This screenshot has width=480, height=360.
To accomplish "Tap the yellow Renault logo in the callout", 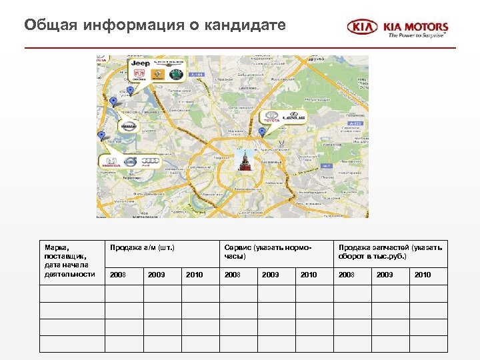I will (158, 75).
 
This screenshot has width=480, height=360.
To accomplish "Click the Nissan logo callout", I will (129, 126).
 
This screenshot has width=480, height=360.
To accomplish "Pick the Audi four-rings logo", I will (152, 161).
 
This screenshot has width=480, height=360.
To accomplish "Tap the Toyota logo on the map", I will (271, 116).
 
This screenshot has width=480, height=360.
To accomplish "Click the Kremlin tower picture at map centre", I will (244, 161).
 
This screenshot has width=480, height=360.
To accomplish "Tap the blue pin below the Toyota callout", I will (262, 131).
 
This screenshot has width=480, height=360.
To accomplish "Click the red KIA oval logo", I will (362, 27).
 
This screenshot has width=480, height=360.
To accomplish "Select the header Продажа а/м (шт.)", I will (142, 249).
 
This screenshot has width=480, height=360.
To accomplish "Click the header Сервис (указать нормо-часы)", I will (267, 252).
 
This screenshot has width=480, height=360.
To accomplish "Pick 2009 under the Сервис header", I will (271, 275).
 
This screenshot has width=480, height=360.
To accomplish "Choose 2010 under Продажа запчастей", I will (423, 275).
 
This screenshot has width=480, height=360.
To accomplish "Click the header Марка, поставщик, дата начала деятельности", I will (69, 261).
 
